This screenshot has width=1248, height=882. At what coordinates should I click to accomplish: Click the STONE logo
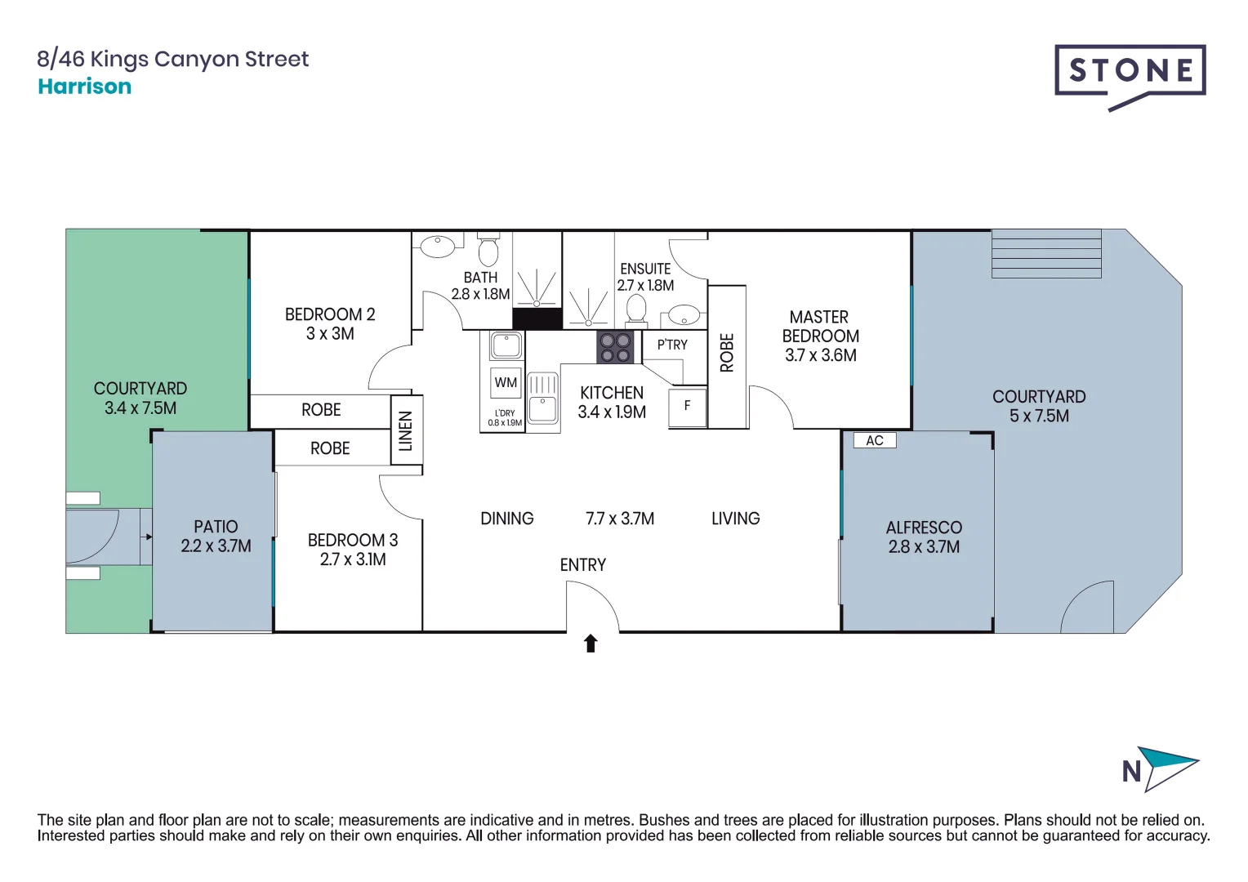[x=1130, y=72]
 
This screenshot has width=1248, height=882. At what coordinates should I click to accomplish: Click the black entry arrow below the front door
[x=591, y=644]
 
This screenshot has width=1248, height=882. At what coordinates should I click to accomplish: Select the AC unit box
[x=874, y=440]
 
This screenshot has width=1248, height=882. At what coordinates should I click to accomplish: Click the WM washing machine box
[x=506, y=382]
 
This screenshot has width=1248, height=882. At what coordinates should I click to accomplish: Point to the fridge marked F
[x=687, y=406]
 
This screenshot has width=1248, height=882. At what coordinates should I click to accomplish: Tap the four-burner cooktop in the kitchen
[x=615, y=347]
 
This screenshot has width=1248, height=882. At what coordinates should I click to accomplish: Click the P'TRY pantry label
[x=672, y=345]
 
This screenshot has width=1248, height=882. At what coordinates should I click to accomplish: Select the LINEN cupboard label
[x=406, y=430]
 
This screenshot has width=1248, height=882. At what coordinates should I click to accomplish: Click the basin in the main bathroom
[x=438, y=244]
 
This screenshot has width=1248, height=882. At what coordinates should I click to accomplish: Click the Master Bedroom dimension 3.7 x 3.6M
[x=820, y=355]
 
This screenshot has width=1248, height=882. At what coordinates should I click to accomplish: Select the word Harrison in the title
[x=85, y=87]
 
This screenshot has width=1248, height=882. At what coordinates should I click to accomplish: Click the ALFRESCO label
[x=924, y=528]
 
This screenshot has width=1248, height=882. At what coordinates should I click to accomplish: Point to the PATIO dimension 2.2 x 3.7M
[x=216, y=546]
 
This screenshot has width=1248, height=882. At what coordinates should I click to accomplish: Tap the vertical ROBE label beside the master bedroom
[x=727, y=353]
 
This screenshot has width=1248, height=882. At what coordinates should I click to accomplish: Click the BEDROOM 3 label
[x=352, y=540]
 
